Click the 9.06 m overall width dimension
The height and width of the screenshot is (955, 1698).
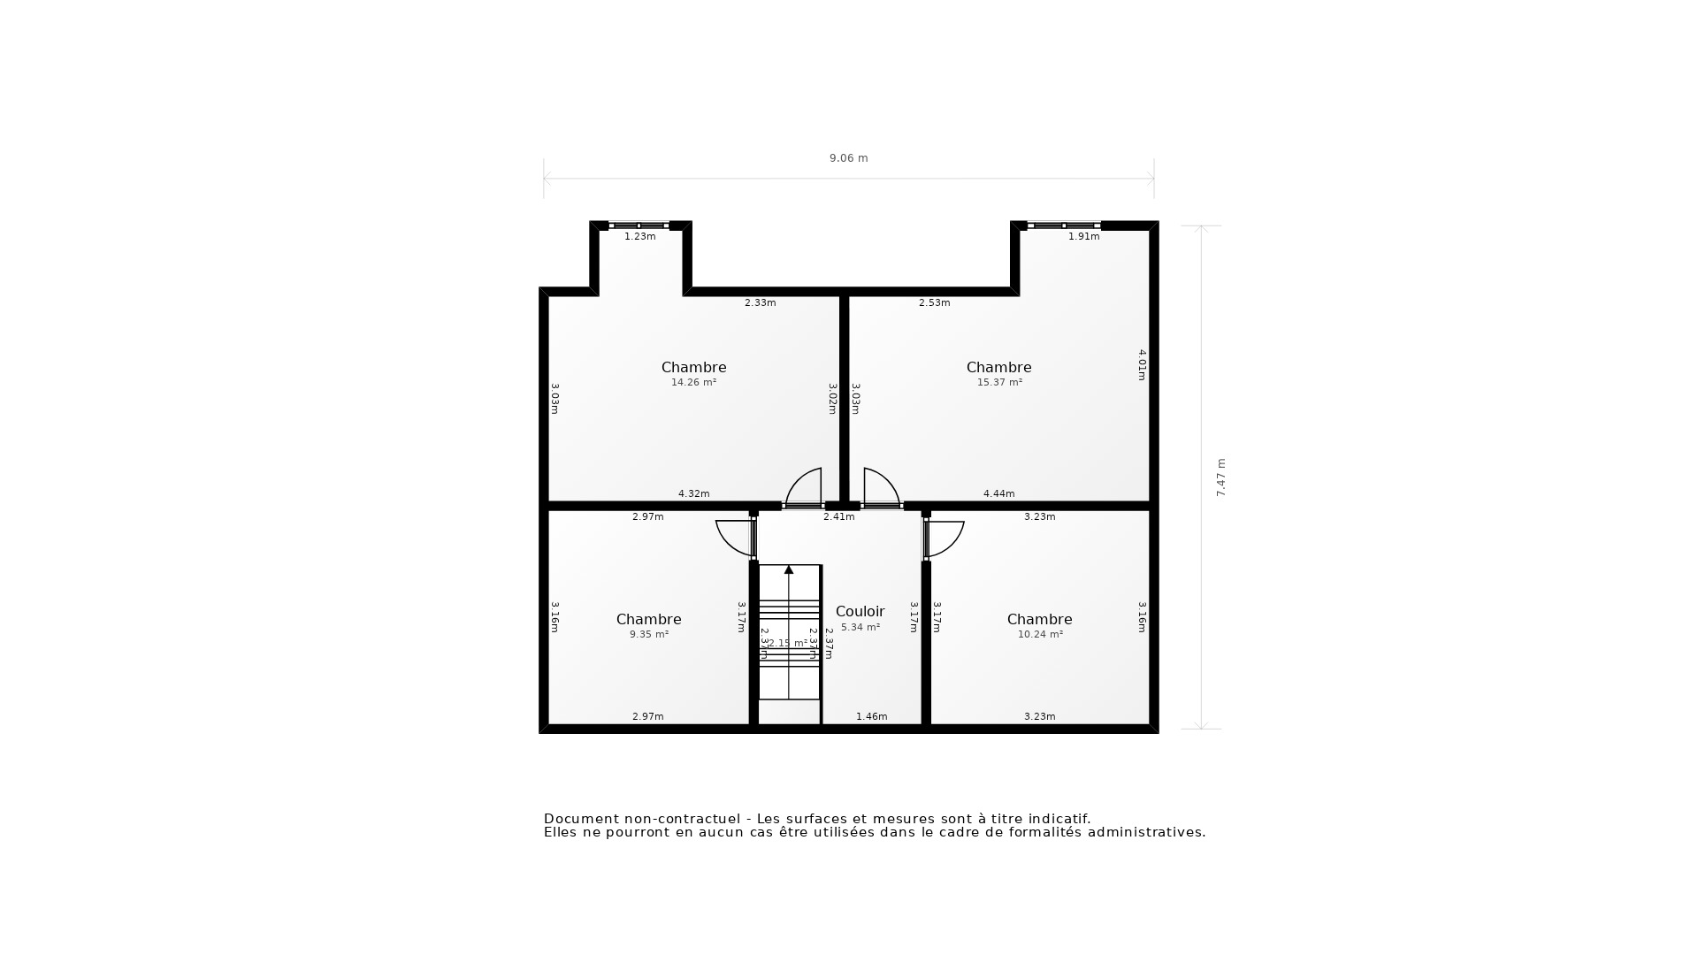pyautogui.click(x=848, y=158)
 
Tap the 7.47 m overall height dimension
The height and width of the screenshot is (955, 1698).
pyautogui.click(x=1220, y=477)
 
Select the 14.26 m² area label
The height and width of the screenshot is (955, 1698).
pyautogui.click(x=693, y=383)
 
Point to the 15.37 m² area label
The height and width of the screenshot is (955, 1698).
pyautogui.click(x=999, y=383)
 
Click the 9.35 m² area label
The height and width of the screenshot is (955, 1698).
pyautogui.click(x=648, y=635)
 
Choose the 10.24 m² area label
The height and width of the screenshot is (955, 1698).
pyautogui.click(x=1040, y=635)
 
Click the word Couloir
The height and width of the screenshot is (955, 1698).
pyautogui.click(x=860, y=611)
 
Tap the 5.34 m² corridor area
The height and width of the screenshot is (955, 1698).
pyautogui.click(x=860, y=628)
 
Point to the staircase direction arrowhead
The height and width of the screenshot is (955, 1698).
pyautogui.click(x=789, y=569)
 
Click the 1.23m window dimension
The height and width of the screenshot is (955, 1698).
pyautogui.click(x=639, y=237)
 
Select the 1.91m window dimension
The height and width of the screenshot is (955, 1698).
pyautogui.click(x=1083, y=237)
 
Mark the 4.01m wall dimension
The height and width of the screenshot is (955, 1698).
pyautogui.click(x=1141, y=364)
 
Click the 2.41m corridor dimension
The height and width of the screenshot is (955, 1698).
pyautogui.click(x=838, y=517)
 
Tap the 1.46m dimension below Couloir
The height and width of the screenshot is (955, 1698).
pyautogui.click(x=871, y=717)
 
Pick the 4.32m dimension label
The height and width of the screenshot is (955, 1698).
pyautogui.click(x=693, y=494)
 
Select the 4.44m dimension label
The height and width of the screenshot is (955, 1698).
pyautogui.click(x=998, y=494)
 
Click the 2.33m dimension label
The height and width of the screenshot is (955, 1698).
pyautogui.click(x=760, y=303)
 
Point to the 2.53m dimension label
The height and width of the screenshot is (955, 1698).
pyautogui.click(x=934, y=303)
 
